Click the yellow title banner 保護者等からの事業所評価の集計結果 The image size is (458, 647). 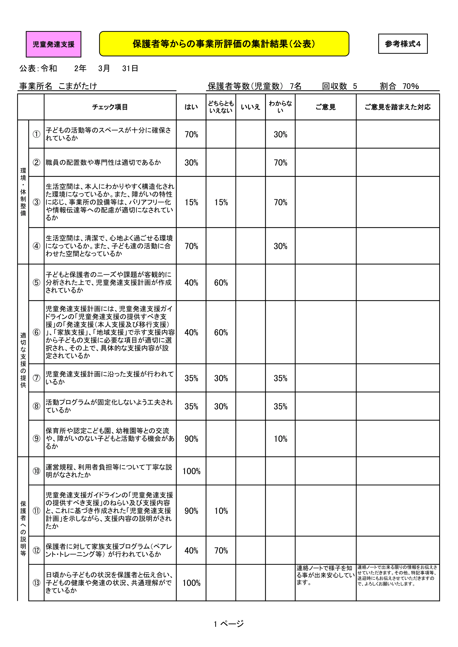(x=224, y=44)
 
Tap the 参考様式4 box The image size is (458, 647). (x=402, y=44)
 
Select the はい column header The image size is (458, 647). (x=191, y=107)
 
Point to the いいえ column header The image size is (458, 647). (x=250, y=107)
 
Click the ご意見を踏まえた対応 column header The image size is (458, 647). (x=397, y=107)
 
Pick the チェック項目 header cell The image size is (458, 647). (x=110, y=107)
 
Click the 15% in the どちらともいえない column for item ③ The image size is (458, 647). (x=221, y=202)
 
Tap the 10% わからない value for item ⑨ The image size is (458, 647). (x=280, y=439)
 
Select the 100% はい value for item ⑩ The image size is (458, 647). (x=191, y=471)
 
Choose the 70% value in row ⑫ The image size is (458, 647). (x=221, y=550)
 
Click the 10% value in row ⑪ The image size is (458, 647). (x=221, y=511)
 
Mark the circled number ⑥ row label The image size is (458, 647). (x=36, y=332)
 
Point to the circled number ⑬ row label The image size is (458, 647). (x=36, y=583)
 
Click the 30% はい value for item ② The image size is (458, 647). (x=191, y=163)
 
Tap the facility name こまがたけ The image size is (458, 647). (x=78, y=86)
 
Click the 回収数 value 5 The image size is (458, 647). (x=355, y=86)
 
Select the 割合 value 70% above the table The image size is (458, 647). (x=410, y=86)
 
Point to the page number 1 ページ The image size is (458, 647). (x=229, y=624)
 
